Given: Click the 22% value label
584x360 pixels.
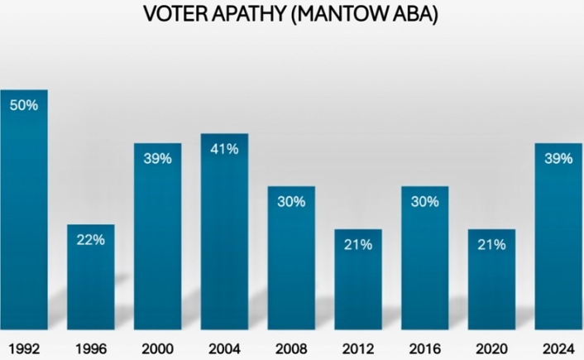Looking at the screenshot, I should click(x=90, y=240).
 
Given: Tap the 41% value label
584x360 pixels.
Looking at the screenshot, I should click(x=224, y=150).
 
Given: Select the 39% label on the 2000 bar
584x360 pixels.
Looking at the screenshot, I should click(x=157, y=158).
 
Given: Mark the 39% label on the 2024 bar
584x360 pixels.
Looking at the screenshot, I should click(x=558, y=158).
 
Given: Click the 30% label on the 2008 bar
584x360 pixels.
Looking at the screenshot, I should click(x=291, y=201).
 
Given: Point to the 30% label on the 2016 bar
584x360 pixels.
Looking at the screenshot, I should click(x=424, y=201).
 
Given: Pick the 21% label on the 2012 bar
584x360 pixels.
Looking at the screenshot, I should click(x=358, y=244).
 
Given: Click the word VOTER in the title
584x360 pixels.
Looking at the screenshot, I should click(x=172, y=14).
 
